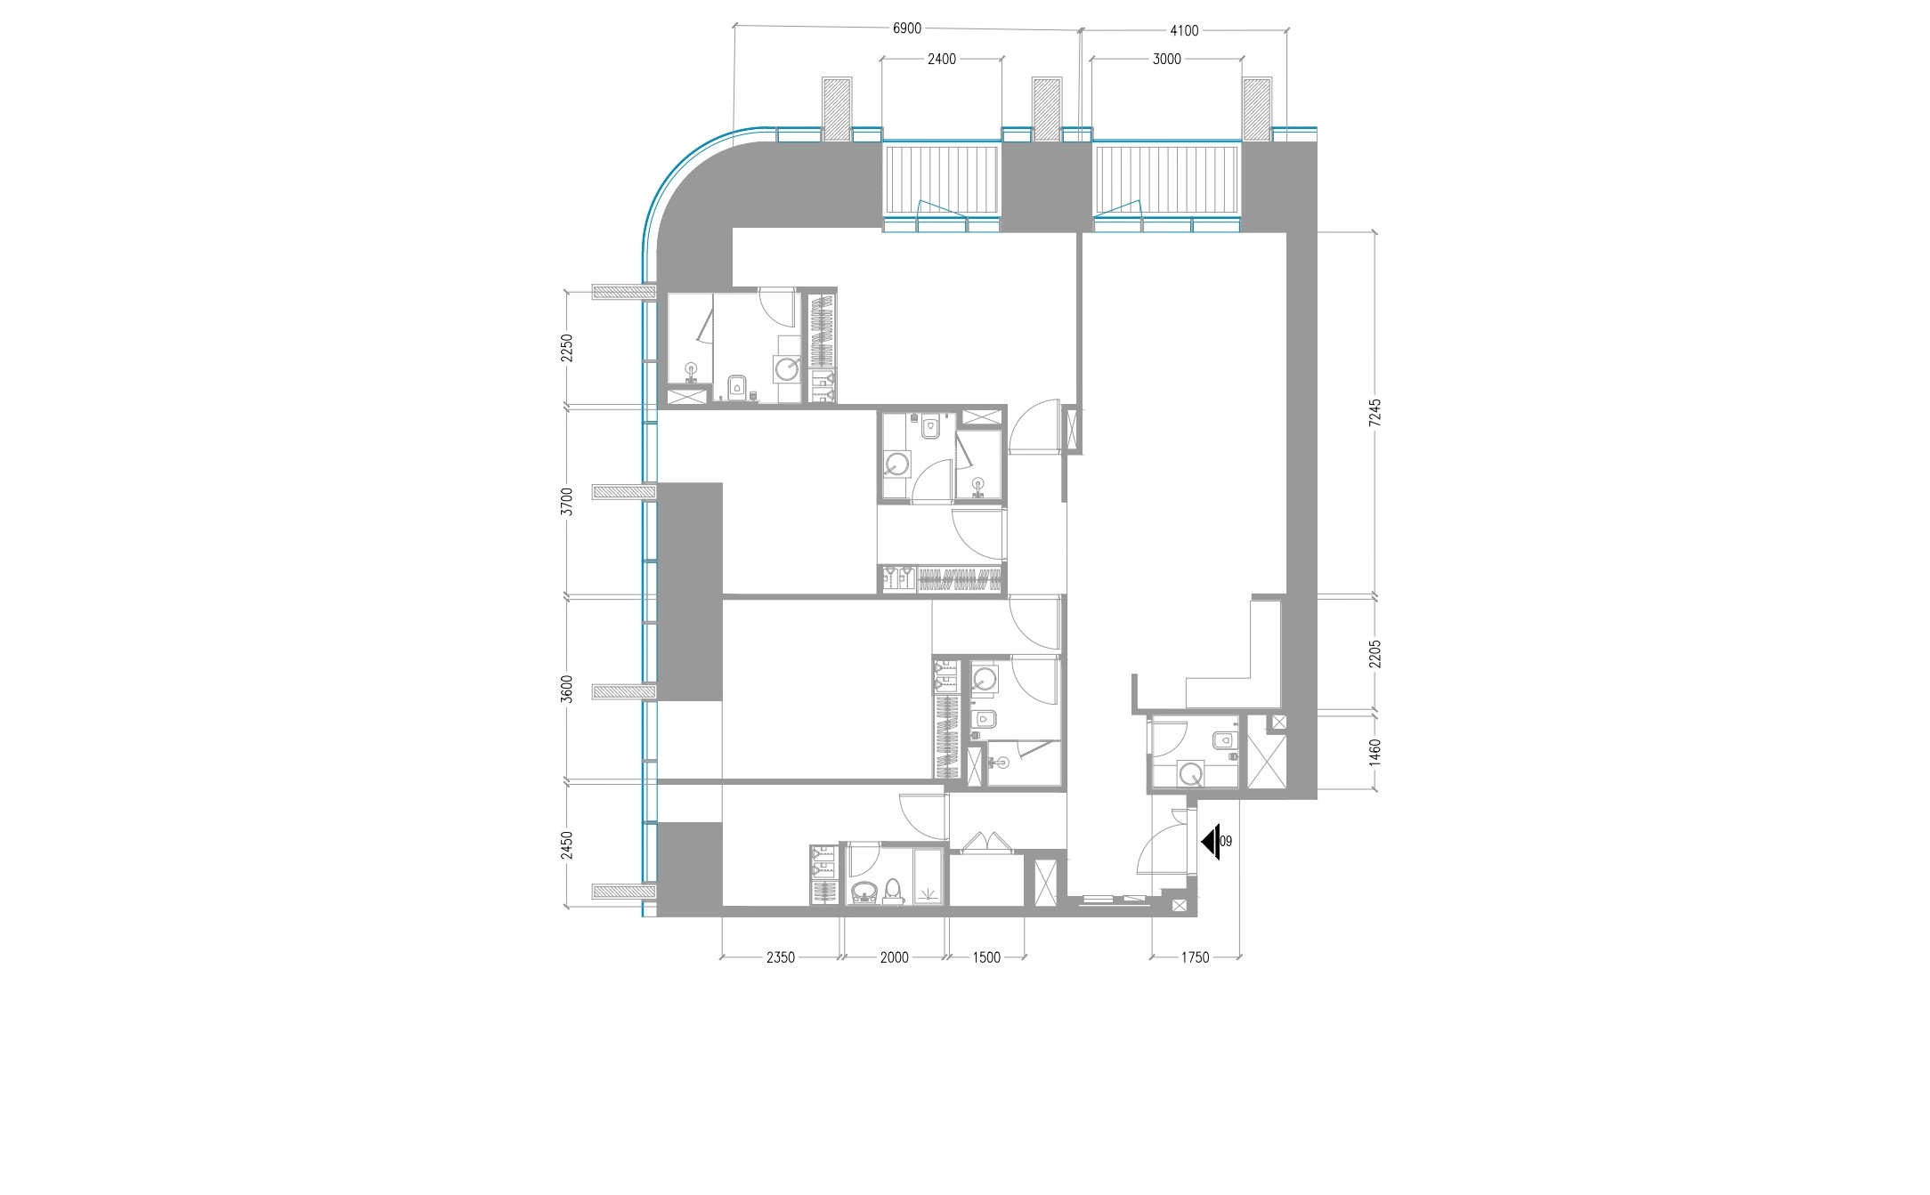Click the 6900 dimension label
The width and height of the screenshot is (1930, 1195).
[x=906, y=28]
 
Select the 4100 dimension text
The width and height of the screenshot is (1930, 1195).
[x=1184, y=30]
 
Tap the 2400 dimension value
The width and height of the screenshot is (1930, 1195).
[x=942, y=60]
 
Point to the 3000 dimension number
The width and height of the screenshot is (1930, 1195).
[x=1166, y=60]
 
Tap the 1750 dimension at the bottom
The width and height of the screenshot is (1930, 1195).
[x=1195, y=957]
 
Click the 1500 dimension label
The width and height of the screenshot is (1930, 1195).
[x=986, y=957]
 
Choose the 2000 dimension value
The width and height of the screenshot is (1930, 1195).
[x=894, y=957]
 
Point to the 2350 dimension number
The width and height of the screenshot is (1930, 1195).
[x=780, y=957]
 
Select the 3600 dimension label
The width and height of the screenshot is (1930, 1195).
[x=567, y=690]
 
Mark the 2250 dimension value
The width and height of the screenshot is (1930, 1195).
[x=567, y=348]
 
